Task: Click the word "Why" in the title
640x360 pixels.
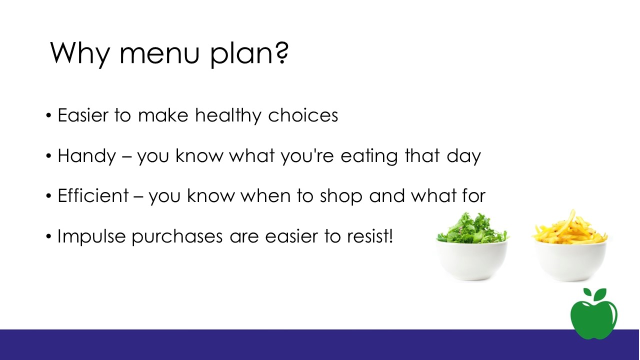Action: click(80, 53)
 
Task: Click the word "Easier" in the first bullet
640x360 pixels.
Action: click(83, 115)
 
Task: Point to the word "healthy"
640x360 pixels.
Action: click(228, 116)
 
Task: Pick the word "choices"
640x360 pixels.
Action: click(303, 115)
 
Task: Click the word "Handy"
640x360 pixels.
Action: click(87, 156)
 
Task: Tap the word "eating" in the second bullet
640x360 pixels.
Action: click(369, 156)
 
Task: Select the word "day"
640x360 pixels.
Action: click(463, 156)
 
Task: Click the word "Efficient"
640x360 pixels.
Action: click(93, 195)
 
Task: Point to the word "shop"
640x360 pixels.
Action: click(341, 196)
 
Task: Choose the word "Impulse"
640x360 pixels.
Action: click(91, 237)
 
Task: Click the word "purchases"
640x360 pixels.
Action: click(177, 237)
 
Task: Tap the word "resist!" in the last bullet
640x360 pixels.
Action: click(370, 236)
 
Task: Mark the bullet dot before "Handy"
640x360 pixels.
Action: click(48, 156)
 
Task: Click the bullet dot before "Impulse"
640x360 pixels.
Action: click(48, 236)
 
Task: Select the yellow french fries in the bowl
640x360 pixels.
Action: click(570, 228)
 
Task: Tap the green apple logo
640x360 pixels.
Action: click(594, 314)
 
